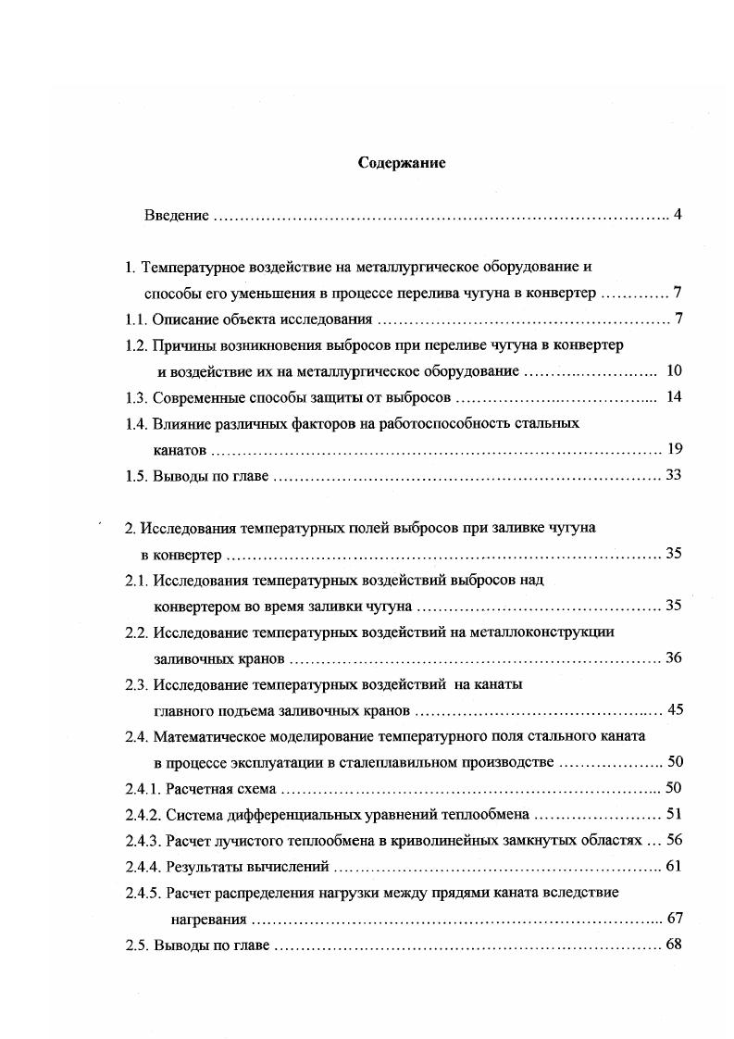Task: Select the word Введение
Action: [176, 216]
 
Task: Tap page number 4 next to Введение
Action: [678, 216]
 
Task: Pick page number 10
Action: [673, 371]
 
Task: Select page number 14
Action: [673, 397]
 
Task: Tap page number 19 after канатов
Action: [674, 450]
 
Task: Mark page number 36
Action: [674, 658]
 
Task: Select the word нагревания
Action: [208, 920]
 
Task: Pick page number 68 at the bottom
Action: [674, 945]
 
